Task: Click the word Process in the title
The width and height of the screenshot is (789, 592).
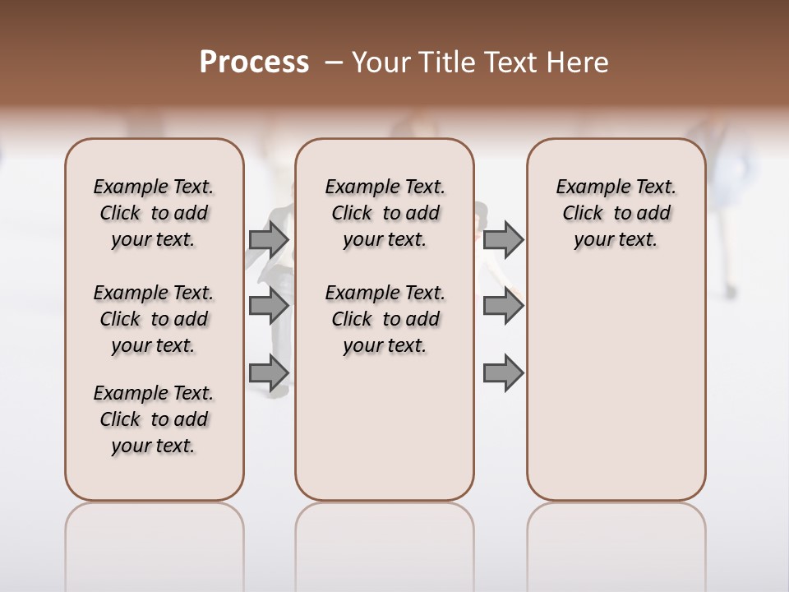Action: pyautogui.click(x=254, y=62)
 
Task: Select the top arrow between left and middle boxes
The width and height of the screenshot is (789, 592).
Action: pyautogui.click(x=268, y=239)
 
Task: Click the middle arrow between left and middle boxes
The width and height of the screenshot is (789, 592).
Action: pyautogui.click(x=268, y=306)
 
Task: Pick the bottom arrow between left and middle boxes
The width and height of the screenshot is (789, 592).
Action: pyautogui.click(x=268, y=373)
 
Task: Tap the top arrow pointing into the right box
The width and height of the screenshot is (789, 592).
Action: pyautogui.click(x=503, y=239)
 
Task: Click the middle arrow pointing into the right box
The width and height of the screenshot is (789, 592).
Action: pyautogui.click(x=503, y=306)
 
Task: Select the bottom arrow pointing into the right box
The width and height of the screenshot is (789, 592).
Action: pyautogui.click(x=503, y=373)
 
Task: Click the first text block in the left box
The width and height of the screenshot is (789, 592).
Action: pyautogui.click(x=154, y=213)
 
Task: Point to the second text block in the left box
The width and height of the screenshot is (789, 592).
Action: pyautogui.click(x=154, y=319)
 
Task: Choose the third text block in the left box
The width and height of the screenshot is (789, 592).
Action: pyautogui.click(x=154, y=419)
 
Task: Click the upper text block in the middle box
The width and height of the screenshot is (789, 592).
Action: pyautogui.click(x=385, y=213)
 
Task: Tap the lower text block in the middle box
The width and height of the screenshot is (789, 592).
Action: pyautogui.click(x=385, y=319)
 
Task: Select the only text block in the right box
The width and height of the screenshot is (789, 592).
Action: pyautogui.click(x=616, y=213)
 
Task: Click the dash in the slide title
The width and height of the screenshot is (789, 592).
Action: pyautogui.click(x=333, y=62)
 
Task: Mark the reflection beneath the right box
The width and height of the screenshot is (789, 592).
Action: pyautogui.click(x=616, y=543)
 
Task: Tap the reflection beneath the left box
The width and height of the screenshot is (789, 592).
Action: pyautogui.click(x=154, y=543)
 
